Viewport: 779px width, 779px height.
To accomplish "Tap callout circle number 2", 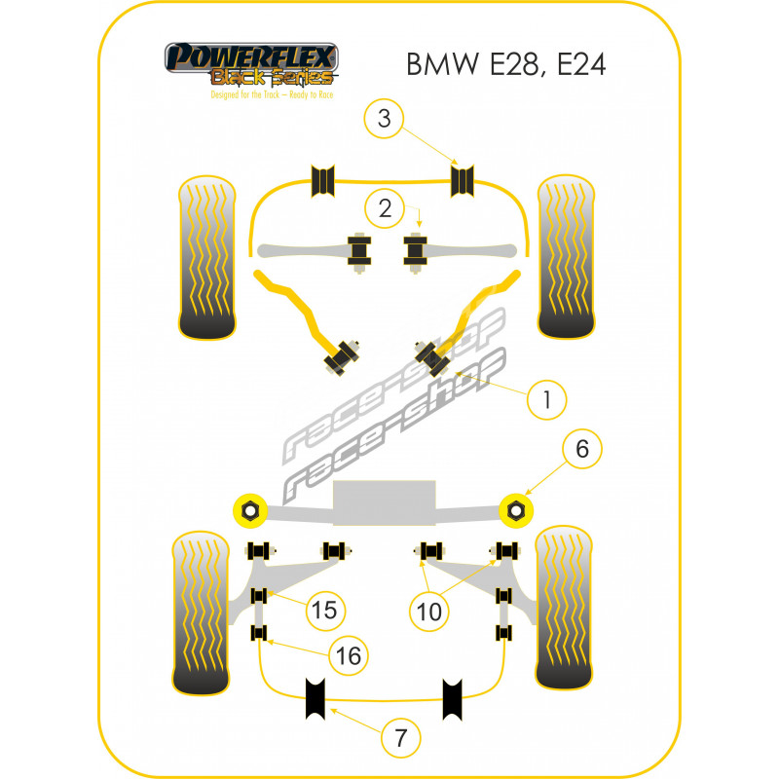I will click(386, 207).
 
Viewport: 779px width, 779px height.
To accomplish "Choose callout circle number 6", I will click(581, 449).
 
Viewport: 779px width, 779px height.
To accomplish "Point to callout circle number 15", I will click(323, 610).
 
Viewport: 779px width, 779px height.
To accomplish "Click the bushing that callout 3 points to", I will click(464, 180).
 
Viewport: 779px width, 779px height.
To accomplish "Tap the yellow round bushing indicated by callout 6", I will click(517, 509).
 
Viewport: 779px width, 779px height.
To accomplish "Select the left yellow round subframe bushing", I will click(250, 509).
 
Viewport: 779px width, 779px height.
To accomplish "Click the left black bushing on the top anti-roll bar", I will click(323, 180).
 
